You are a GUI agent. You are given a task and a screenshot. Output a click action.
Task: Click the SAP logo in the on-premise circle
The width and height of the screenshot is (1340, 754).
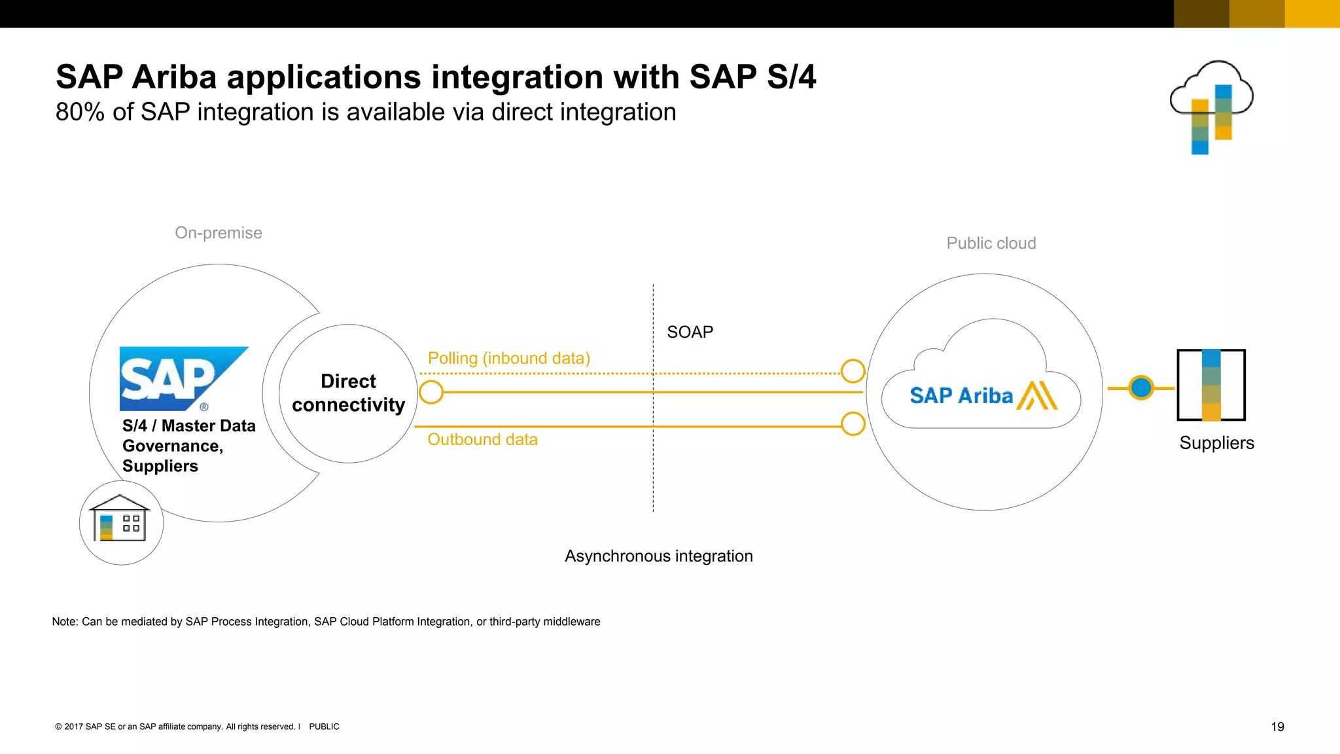tap(177, 378)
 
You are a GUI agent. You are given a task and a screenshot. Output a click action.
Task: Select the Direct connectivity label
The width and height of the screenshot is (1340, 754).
tap(348, 393)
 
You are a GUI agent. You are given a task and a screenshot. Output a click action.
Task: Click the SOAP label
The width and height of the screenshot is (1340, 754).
tap(690, 332)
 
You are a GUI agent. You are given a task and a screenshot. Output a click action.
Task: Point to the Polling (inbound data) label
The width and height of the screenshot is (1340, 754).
tap(508, 358)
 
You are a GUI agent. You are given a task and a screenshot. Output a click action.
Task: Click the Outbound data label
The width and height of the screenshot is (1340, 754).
tap(482, 439)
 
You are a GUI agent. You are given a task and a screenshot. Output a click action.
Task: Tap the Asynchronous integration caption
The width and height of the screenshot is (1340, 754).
tap(658, 556)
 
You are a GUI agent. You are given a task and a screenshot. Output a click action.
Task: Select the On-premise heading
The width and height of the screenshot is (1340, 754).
tap(218, 232)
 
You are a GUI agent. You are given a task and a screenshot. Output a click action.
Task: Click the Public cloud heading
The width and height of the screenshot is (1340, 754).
tap(991, 243)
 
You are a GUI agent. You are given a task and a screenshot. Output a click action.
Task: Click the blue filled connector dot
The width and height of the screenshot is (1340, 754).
tap(1141, 387)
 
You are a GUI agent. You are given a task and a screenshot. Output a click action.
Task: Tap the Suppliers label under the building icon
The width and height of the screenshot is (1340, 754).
tap(1216, 443)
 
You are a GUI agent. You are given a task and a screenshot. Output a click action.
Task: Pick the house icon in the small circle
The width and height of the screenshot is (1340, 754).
tap(120, 518)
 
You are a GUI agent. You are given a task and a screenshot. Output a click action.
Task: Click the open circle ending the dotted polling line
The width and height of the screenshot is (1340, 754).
tap(853, 371)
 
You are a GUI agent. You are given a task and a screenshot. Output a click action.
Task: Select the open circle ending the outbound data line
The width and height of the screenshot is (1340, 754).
tap(853, 423)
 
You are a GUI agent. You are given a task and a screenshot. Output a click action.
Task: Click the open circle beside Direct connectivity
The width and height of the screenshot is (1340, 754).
tap(431, 392)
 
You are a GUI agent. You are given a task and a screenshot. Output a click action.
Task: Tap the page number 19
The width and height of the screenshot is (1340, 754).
tap(1277, 727)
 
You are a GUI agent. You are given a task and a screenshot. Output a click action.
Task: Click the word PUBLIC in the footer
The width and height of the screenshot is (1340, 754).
tap(324, 727)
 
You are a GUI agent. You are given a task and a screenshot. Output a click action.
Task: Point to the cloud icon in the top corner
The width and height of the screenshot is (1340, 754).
tap(1211, 105)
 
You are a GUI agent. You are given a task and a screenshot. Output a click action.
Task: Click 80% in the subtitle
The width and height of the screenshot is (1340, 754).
tap(80, 112)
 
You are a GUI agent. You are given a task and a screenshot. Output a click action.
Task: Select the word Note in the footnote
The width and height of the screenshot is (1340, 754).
tap(63, 621)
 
